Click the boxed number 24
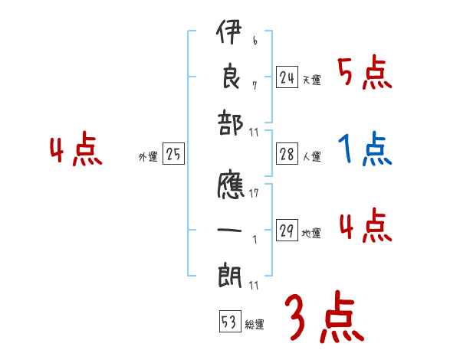[x=287, y=77]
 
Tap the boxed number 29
[x=287, y=231]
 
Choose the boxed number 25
[x=173, y=155]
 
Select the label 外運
[x=147, y=157]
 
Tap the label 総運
[x=255, y=325]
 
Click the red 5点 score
[x=364, y=74]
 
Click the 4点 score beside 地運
[x=364, y=227]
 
